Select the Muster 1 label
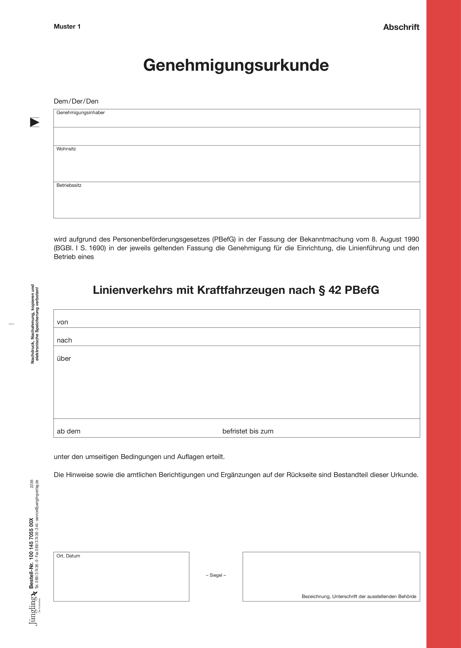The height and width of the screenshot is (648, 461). tap(67, 27)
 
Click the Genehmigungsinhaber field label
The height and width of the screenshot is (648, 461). tap(81, 113)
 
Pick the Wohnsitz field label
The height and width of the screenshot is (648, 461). tap(66, 149)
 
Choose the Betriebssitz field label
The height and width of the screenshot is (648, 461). tap(69, 185)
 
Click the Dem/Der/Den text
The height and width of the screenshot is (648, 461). tap(76, 101)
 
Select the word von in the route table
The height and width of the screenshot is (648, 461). tap(62, 322)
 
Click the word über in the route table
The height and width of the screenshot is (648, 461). tap(64, 358)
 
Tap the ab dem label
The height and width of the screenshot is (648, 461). tap(69, 431)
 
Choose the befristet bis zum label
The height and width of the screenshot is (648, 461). tap(248, 431)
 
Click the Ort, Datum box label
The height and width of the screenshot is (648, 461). tap(68, 556)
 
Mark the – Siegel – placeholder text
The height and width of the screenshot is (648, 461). tap(216, 575)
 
